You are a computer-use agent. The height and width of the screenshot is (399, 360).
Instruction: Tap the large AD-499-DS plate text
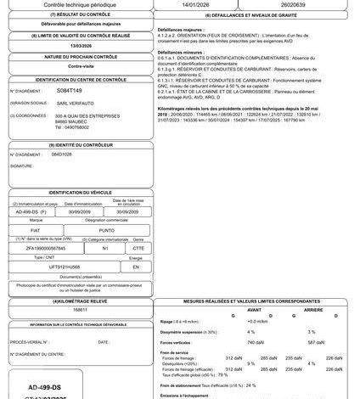tap(43, 374)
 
